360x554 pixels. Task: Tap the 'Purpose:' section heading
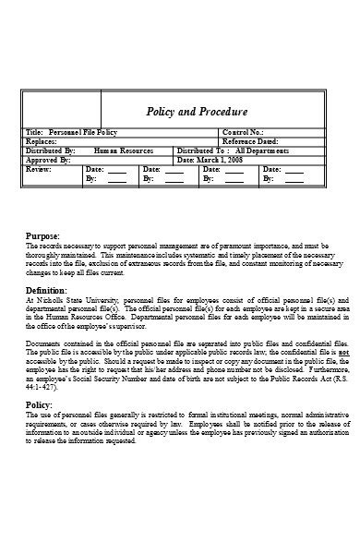tap(42, 237)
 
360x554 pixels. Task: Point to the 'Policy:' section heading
tap(39, 405)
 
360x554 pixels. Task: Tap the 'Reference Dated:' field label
tap(251, 141)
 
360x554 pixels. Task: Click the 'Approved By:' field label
tap(49, 158)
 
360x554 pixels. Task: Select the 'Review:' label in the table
tap(39, 170)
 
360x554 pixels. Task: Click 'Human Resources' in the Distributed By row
tap(124, 150)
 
